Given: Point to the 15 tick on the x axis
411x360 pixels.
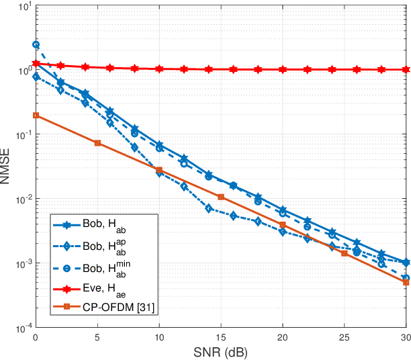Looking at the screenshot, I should point(221,338).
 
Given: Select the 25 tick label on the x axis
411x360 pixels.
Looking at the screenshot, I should point(345,338).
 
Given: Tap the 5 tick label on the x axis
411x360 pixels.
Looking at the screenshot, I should point(97,338).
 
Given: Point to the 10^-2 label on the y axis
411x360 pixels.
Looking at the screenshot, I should point(18,200).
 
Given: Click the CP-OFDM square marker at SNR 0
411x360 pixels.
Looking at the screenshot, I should point(36,116).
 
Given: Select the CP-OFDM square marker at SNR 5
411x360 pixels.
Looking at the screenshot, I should point(97,143).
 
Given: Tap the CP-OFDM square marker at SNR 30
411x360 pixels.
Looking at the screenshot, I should point(406,282).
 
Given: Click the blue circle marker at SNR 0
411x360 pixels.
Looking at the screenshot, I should point(36,45).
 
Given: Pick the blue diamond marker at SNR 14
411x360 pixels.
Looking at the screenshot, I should point(209,209).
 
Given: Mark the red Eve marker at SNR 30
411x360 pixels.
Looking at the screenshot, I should point(406,69).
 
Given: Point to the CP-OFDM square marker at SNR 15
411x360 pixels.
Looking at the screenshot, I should point(221,197).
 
